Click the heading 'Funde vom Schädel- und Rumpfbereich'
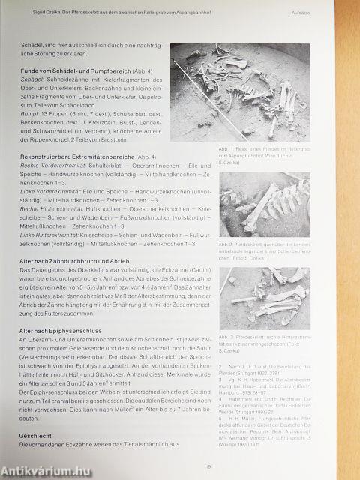[x=75, y=70]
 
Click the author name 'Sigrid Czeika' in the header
[x=43, y=13]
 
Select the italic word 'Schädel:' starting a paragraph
[x=34, y=80]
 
